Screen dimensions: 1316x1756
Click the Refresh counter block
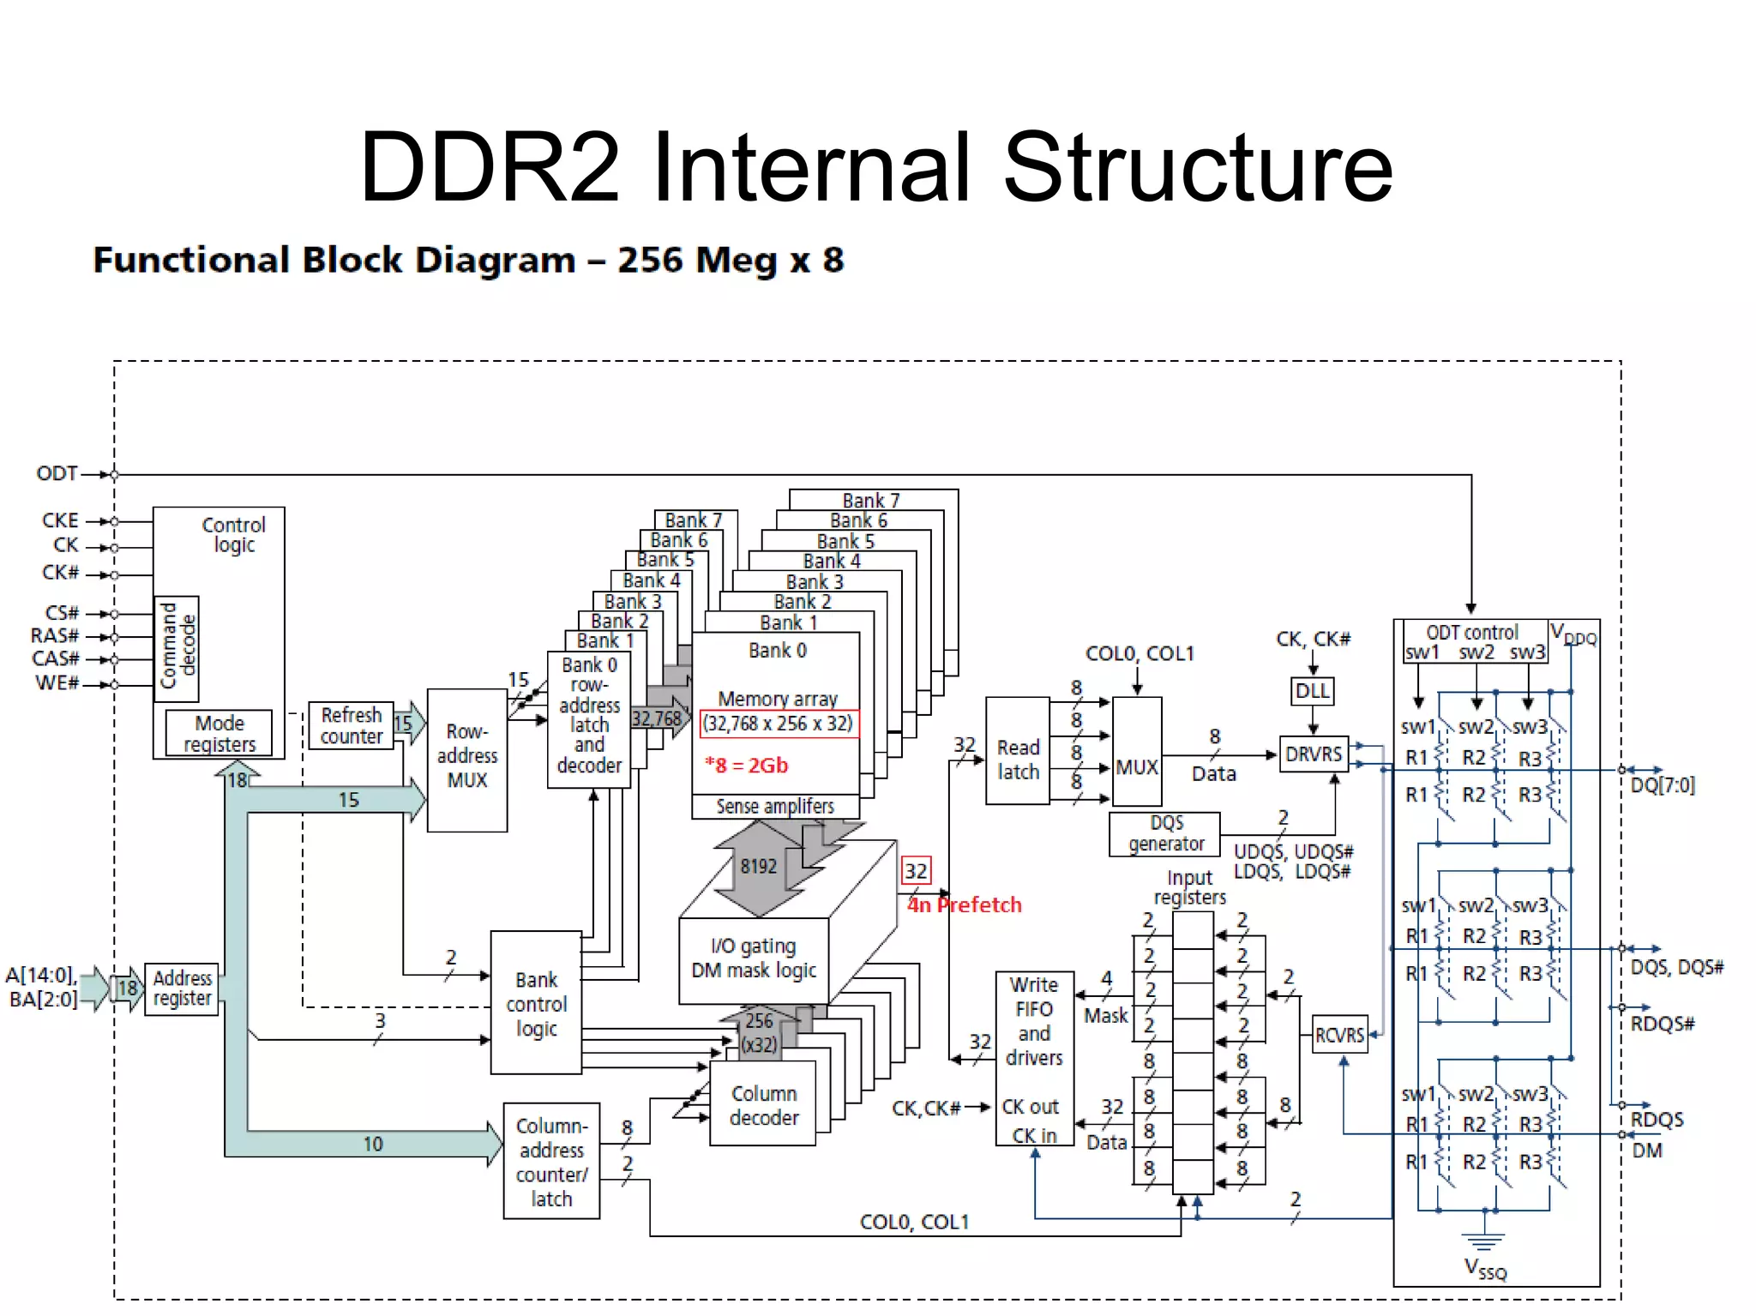pos(351,725)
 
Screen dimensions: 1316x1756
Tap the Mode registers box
pos(219,733)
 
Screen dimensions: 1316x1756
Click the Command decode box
pos(177,648)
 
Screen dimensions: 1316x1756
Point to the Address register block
pos(182,989)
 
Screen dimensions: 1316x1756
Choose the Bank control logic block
pos(536,1003)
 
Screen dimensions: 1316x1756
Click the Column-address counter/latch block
pos(551,1161)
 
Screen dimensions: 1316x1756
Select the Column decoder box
pos(763,1104)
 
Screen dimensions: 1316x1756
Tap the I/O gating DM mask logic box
pos(754,958)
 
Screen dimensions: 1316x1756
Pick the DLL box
pos(1312,690)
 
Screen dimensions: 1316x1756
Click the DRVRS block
pos(1313,754)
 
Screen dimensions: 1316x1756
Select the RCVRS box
pos(1339,1035)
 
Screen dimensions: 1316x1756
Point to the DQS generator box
pos(1165,833)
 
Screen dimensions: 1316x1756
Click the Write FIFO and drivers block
pos(1034,1059)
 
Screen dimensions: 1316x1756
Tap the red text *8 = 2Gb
pos(745,765)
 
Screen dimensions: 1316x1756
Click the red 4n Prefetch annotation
pos(965,904)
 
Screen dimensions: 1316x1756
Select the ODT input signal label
pos(57,473)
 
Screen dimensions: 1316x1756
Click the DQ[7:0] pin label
pos(1662,784)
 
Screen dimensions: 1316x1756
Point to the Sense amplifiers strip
pos(775,806)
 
